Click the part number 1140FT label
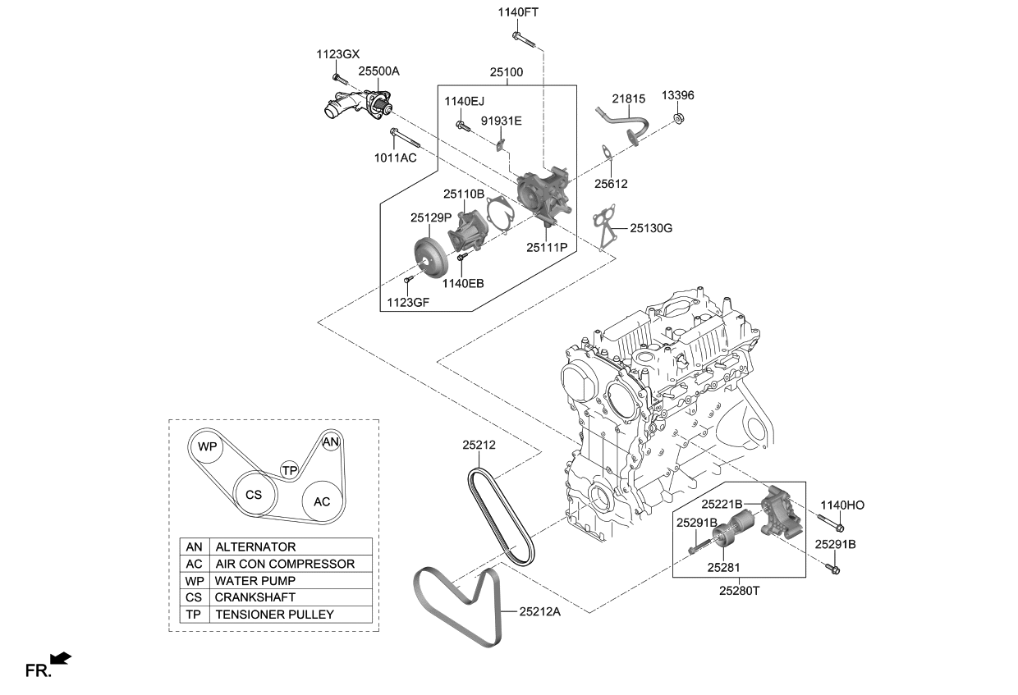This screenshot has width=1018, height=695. [x=518, y=12]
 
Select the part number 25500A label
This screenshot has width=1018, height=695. [x=378, y=71]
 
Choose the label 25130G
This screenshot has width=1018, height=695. [x=651, y=228]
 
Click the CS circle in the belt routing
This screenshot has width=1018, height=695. [x=254, y=495]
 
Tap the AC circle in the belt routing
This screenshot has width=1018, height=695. [x=322, y=501]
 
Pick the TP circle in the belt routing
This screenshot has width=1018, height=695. [x=289, y=470]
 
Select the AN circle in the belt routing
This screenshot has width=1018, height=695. [x=330, y=442]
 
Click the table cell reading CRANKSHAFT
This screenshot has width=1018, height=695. [x=254, y=597]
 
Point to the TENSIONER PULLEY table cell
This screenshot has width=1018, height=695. [x=274, y=615]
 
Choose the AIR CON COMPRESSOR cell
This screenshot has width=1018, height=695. [x=285, y=564]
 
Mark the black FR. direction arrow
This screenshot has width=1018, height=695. [x=61, y=658]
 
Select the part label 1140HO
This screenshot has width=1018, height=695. [x=841, y=505]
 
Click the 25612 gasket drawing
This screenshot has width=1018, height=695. [x=605, y=153]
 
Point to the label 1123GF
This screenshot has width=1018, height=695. [x=408, y=302]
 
